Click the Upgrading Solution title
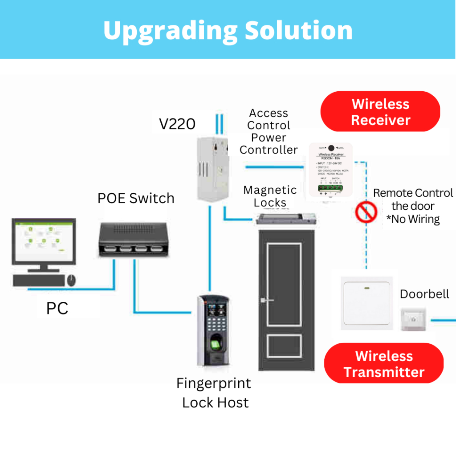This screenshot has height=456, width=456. (228, 30)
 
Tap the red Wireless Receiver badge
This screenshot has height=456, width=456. (380, 112)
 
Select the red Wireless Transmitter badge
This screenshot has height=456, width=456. (384, 364)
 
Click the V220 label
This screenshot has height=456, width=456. (177, 124)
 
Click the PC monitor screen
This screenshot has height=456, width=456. (43, 242)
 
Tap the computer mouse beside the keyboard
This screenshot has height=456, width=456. (71, 280)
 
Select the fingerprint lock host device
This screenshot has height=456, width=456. (215, 330)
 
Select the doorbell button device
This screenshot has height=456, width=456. (413, 319)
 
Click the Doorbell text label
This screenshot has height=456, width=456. (424, 294)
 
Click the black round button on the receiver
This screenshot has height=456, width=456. (331, 148)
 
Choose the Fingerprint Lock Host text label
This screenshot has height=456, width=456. (214, 393)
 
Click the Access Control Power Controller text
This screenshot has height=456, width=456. (269, 131)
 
